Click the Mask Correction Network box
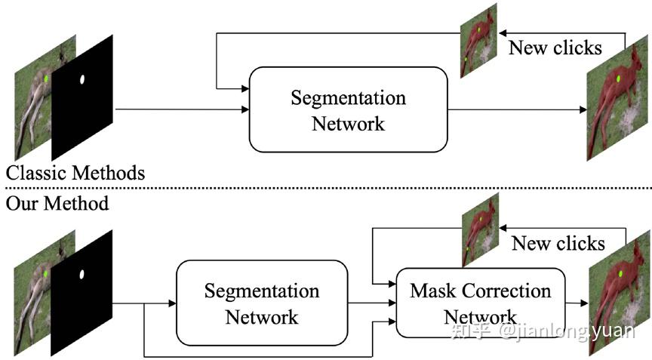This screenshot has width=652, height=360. [x=480, y=302]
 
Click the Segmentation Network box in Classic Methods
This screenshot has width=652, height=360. [x=348, y=109]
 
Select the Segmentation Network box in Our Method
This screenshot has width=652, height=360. [x=261, y=303]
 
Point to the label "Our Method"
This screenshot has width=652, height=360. [x=57, y=203]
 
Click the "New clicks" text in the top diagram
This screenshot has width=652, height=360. [x=555, y=48]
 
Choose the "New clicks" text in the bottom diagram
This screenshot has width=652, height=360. [x=558, y=243]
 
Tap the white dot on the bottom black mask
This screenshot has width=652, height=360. [x=82, y=273]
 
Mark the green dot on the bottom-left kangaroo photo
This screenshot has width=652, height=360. [x=47, y=273]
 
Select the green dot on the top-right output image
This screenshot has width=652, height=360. [x=618, y=78]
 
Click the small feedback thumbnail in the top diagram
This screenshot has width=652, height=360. [x=478, y=39]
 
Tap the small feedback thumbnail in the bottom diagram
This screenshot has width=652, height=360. [x=480, y=229]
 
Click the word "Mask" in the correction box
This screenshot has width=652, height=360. [x=432, y=291]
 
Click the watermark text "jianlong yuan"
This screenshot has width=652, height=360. [x=565, y=331]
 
